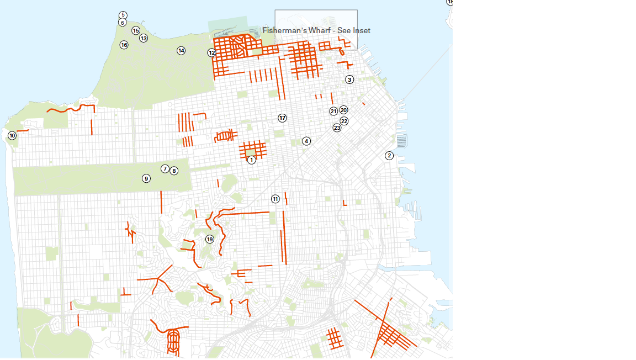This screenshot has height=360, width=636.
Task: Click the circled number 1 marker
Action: click(x=252, y=160)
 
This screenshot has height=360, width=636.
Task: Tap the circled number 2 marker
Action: click(x=389, y=156)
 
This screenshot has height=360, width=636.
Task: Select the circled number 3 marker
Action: click(x=349, y=80)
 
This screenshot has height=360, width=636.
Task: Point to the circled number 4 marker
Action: click(x=306, y=141)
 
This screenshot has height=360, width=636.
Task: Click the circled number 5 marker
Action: click(x=123, y=15)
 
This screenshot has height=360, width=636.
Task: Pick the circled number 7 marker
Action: click(x=165, y=169)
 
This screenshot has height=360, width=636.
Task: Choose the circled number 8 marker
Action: click(x=174, y=171)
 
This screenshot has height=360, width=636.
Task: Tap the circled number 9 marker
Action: click(x=146, y=178)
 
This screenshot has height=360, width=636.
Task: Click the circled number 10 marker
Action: click(x=12, y=135)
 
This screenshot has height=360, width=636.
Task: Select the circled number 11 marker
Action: click(x=275, y=199)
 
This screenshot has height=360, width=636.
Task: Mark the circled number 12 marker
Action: click(x=212, y=53)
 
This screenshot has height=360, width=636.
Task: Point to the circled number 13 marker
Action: click(x=144, y=38)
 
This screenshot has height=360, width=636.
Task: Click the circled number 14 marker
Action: click(x=181, y=51)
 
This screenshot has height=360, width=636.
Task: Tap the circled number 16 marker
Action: click(x=124, y=45)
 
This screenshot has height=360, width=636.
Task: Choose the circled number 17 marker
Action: click(x=282, y=118)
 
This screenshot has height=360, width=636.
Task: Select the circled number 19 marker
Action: click(x=210, y=239)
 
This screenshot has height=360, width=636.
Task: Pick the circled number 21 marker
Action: click(x=333, y=111)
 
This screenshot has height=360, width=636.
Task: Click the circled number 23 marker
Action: click(x=337, y=128)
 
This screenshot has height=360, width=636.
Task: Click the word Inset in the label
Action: click(x=361, y=30)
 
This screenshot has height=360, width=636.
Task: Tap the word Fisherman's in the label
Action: click(x=284, y=30)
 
